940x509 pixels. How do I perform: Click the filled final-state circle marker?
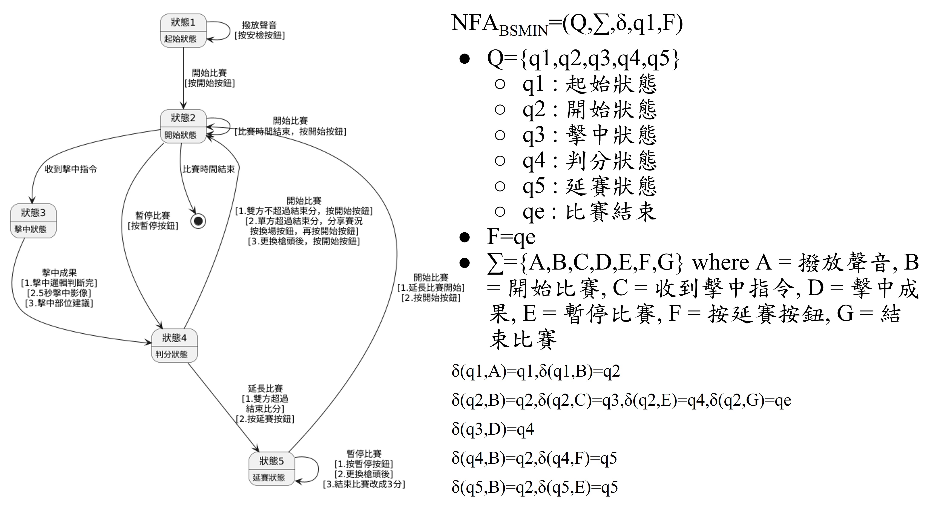click(198, 221)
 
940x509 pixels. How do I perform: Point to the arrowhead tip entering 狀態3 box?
click(32, 204)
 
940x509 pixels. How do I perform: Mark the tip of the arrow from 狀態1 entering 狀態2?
click(183, 109)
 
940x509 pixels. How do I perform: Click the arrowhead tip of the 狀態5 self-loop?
click(295, 482)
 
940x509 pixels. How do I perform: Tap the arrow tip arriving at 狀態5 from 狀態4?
click(259, 452)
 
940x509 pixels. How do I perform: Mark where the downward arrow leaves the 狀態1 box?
click(183, 48)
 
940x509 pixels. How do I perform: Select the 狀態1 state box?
click(183, 31)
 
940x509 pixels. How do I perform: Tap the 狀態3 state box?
click(33, 221)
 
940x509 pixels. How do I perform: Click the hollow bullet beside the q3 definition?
click(500, 135)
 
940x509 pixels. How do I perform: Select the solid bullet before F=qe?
click(465, 237)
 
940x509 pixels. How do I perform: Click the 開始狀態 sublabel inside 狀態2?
click(180, 135)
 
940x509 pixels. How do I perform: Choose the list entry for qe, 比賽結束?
click(589, 212)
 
